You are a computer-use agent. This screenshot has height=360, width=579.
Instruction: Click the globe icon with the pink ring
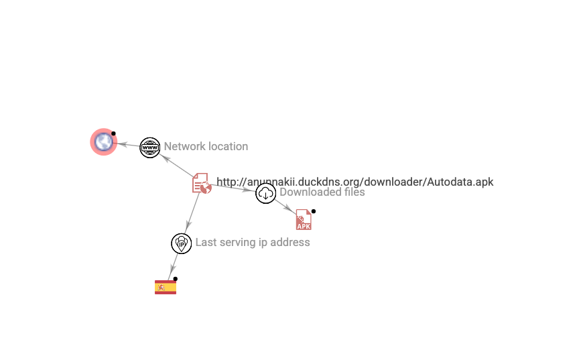103,141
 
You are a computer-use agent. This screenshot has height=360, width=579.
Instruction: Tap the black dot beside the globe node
114,133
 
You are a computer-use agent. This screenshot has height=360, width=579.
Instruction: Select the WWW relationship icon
149,147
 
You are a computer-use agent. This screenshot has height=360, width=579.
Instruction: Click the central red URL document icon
202,183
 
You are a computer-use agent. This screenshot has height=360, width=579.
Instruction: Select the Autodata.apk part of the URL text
461,182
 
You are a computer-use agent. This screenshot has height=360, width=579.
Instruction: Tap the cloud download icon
265,194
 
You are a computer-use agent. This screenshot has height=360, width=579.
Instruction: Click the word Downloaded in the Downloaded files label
310,192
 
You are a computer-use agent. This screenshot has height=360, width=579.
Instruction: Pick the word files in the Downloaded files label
353,192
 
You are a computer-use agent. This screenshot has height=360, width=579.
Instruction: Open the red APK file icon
304,220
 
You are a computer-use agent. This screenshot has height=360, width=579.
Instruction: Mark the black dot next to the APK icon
314,211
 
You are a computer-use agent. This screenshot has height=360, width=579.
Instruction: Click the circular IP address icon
181,243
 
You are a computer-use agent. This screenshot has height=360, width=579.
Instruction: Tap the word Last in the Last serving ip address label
206,243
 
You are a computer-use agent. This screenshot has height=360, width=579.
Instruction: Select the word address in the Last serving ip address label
289,243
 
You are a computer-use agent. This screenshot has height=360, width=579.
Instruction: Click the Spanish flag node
165,288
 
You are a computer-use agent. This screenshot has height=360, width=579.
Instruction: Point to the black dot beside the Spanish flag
176,279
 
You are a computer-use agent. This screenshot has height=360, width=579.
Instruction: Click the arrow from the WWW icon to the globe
128,144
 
